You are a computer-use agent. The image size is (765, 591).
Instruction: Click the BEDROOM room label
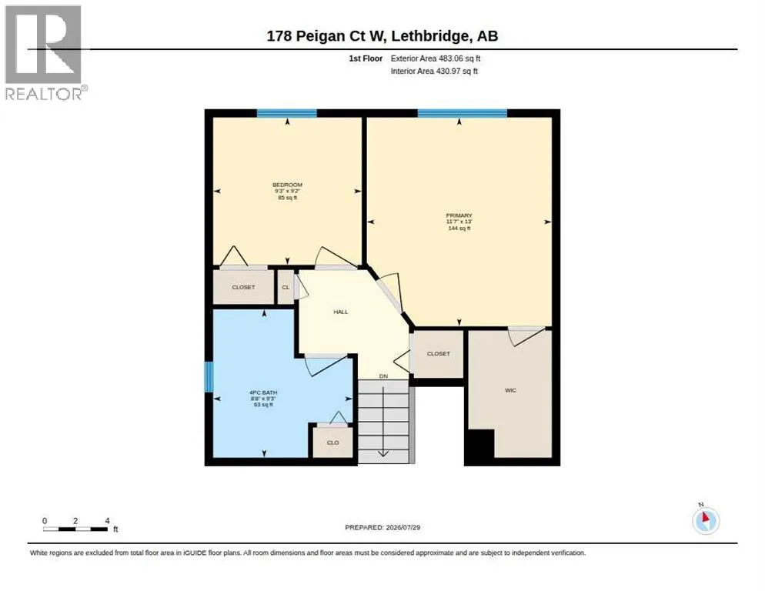pyautogui.click(x=287, y=185)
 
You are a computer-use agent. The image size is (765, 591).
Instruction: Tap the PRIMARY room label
pyautogui.click(x=459, y=215)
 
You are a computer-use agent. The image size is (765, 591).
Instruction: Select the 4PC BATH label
pyautogui.click(x=263, y=392)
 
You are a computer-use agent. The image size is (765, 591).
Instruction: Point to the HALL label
pyautogui.click(x=340, y=312)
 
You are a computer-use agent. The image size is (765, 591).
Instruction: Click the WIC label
pyautogui.click(x=510, y=390)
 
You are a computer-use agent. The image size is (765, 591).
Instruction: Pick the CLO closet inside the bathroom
pyautogui.click(x=332, y=442)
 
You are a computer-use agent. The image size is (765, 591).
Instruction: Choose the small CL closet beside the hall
pyautogui.click(x=286, y=287)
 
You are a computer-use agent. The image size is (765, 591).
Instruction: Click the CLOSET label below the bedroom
pyautogui.click(x=243, y=288)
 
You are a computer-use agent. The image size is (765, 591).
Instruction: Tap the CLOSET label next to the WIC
pyautogui.click(x=438, y=354)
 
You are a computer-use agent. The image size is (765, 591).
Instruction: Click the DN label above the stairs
pyautogui.click(x=383, y=376)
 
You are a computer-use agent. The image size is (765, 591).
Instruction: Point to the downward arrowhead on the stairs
pyautogui.click(x=383, y=454)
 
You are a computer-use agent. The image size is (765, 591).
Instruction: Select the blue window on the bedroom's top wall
pyautogui.click(x=287, y=113)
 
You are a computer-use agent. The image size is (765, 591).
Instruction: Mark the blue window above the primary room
pyautogui.click(x=462, y=113)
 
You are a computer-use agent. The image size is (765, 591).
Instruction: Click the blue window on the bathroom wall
pyautogui.click(x=209, y=376)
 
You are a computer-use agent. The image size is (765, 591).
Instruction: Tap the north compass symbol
pyautogui.click(x=706, y=520)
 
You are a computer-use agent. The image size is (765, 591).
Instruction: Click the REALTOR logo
pyautogui.click(x=44, y=52)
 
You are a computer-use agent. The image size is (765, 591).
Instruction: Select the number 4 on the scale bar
pyautogui.click(x=107, y=521)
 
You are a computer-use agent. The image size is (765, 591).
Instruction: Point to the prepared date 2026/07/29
pyautogui.click(x=403, y=528)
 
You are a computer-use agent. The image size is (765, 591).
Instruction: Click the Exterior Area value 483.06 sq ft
pyautogui.click(x=459, y=58)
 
